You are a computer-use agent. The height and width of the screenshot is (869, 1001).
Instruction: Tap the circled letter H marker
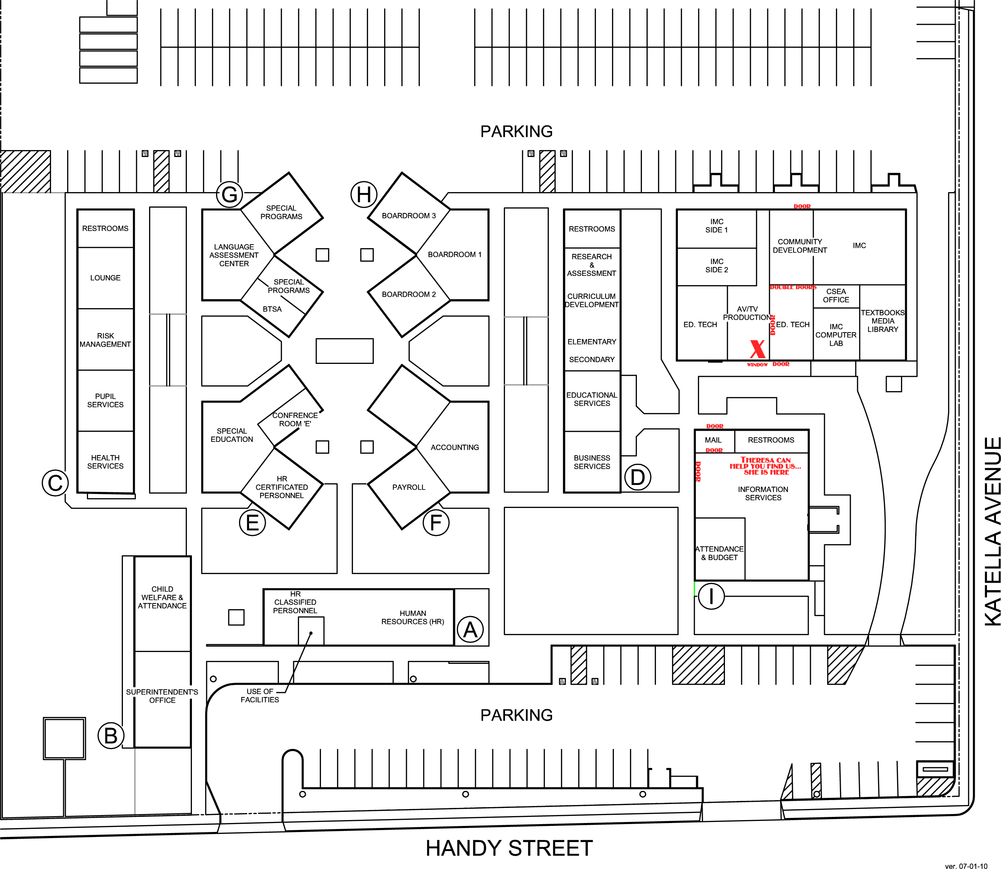pyautogui.click(x=364, y=194)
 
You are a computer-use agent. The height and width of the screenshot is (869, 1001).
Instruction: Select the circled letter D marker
pyautogui.click(x=638, y=477)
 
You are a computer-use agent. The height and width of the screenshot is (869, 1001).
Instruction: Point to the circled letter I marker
pyautogui.click(x=711, y=596)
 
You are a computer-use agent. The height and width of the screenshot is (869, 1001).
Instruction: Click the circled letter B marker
pyautogui.click(x=111, y=736)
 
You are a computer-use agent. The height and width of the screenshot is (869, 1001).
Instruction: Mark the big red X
pyautogui.click(x=757, y=349)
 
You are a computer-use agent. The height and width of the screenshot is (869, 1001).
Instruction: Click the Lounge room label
pyautogui.click(x=105, y=278)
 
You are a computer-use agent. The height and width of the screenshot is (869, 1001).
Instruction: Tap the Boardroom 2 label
pyautogui.click(x=409, y=294)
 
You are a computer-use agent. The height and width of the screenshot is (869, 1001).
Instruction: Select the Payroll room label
pyautogui.click(x=409, y=487)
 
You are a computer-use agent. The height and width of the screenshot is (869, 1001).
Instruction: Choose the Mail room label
pyautogui.click(x=713, y=440)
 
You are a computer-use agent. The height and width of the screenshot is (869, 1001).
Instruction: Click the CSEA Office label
pyautogui.click(x=836, y=295)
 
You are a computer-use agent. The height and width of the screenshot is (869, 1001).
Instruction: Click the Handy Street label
pyautogui.click(x=509, y=848)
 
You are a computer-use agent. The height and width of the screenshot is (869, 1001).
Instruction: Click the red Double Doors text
pyautogui.click(x=793, y=287)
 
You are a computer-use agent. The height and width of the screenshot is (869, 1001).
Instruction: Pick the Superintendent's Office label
pyautogui.click(x=162, y=696)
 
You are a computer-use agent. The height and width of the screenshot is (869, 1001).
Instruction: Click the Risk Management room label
pyautogui.click(x=105, y=340)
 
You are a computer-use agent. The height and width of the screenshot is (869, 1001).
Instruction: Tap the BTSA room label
pyautogui.click(x=272, y=309)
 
